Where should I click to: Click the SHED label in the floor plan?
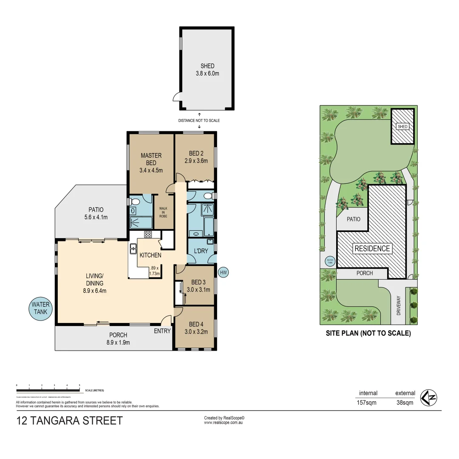[x=207, y=66]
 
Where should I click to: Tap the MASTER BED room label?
[x=151, y=159]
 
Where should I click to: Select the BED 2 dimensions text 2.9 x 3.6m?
[x=195, y=161]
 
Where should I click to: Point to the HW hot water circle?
[x=223, y=272]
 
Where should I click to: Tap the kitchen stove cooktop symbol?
[x=148, y=234]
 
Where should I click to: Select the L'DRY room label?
[x=201, y=251]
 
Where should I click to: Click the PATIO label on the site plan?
[x=353, y=219]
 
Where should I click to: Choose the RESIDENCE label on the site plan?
[x=372, y=249]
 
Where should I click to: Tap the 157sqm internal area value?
[x=368, y=402]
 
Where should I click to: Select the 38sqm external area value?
[x=404, y=402]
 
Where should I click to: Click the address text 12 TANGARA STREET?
[x=69, y=421]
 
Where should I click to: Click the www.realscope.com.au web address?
[x=224, y=423]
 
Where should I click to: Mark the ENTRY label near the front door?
[x=162, y=331]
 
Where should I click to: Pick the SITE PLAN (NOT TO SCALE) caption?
[x=368, y=334]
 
